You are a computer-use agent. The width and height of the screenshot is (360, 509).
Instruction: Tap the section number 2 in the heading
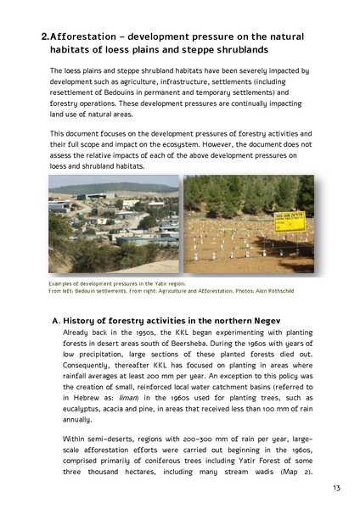point(44,36)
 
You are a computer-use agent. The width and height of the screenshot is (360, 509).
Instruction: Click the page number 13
point(336,487)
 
